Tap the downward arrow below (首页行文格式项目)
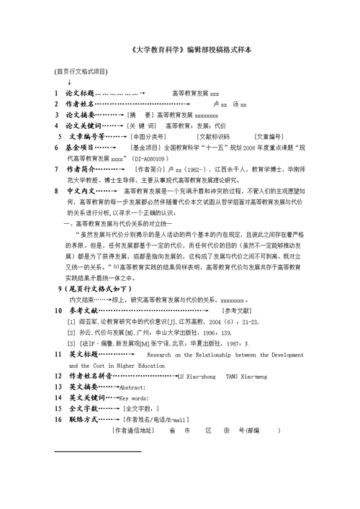pyautogui.click(x=68, y=83)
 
